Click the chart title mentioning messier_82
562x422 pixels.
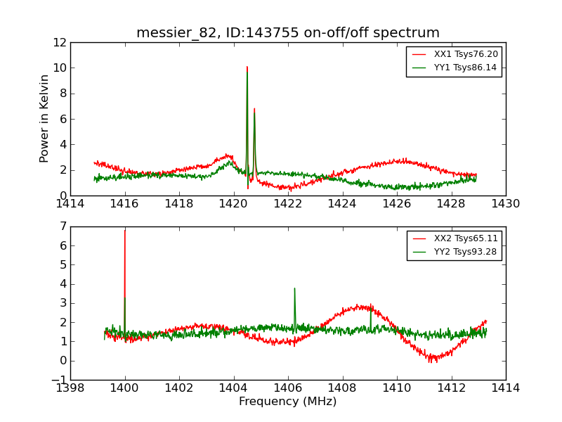[287, 33]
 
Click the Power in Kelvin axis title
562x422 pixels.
[44, 118]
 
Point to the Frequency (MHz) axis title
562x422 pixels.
[287, 402]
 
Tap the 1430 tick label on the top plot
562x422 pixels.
[505, 203]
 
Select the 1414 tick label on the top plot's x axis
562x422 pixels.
[70, 203]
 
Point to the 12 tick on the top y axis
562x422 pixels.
[59, 42]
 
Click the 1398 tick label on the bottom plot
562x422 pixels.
[70, 388]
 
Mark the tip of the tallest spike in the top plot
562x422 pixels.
[247, 67]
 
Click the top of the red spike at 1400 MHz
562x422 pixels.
[125, 230]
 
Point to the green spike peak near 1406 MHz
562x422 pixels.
[294, 288]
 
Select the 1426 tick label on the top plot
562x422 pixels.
[396, 203]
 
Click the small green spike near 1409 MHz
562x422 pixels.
[370, 307]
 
